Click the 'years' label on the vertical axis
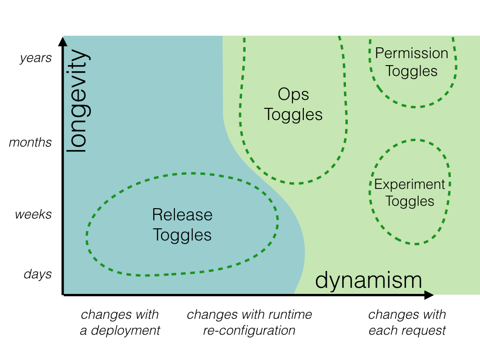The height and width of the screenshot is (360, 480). (x=36, y=59)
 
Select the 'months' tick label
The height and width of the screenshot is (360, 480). (x=30, y=142)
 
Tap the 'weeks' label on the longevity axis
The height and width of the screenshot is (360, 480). (x=33, y=215)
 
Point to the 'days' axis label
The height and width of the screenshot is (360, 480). (x=37, y=274)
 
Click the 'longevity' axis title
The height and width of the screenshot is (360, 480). (x=76, y=101)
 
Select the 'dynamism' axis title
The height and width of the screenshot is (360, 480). (x=368, y=280)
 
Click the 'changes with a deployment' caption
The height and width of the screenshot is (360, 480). (x=120, y=322)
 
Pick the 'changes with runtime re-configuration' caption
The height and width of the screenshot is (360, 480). (x=249, y=322)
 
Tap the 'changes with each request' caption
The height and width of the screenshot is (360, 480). (x=407, y=322)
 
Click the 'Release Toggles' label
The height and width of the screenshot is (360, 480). (x=182, y=225)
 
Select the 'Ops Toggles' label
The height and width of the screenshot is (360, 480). (x=293, y=105)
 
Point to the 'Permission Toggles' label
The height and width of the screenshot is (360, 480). (x=412, y=62)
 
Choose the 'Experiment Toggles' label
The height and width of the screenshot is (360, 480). (x=410, y=193)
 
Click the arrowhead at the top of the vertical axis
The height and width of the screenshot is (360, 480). (x=63, y=40)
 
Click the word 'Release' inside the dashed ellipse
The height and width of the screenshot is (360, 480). (x=182, y=215)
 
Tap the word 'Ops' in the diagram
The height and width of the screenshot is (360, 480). (x=293, y=95)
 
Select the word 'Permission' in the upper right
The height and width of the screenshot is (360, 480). (x=412, y=53)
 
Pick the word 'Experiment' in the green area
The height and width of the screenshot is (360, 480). (x=410, y=184)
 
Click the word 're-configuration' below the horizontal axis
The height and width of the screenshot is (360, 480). (x=249, y=330)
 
